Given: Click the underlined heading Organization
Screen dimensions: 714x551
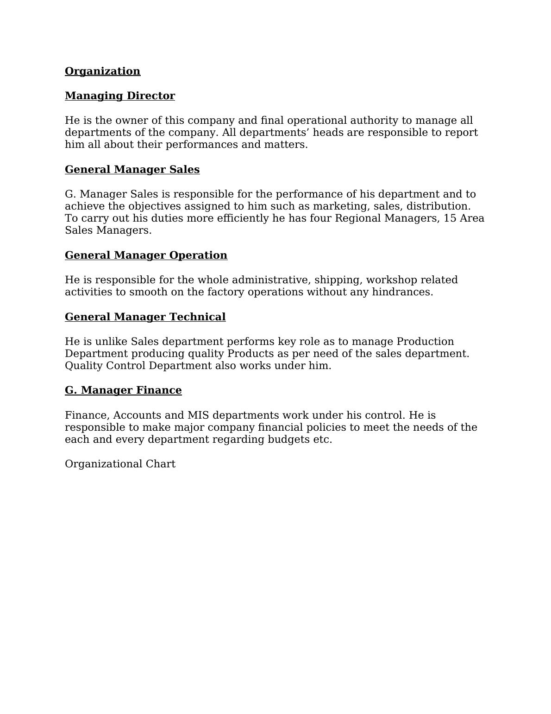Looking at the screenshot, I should coord(102,71).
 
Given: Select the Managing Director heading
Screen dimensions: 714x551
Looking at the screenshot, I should coord(120,96).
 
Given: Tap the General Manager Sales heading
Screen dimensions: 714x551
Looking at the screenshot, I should coord(132,169).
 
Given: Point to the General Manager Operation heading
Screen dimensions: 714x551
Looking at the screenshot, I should coord(146,255).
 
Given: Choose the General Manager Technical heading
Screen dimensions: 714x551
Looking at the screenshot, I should coord(145,317).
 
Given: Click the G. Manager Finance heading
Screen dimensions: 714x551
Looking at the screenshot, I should coord(123,390).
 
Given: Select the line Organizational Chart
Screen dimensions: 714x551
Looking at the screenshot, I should coord(120,464).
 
